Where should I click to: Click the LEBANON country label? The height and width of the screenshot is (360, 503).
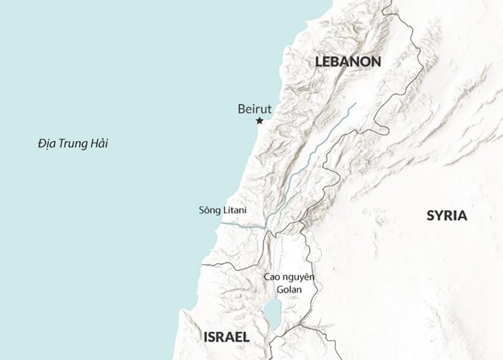point(347,62)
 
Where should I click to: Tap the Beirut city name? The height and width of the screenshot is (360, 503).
point(255,108)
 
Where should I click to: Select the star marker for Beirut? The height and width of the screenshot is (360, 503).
point(260,120)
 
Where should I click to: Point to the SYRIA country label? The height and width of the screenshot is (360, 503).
point(447,216)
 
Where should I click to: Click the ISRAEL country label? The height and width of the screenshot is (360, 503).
point(226,337)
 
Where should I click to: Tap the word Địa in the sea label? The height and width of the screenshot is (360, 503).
point(47,143)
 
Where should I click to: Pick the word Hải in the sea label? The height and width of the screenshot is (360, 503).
point(98,143)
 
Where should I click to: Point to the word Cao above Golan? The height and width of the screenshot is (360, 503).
point(271,276)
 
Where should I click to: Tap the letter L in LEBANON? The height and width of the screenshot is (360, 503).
point(318,62)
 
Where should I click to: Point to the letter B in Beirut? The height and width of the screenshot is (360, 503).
point(241,108)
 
